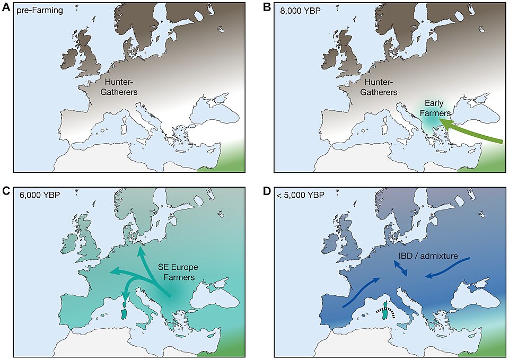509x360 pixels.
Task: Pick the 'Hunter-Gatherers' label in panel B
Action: click(379, 87)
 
